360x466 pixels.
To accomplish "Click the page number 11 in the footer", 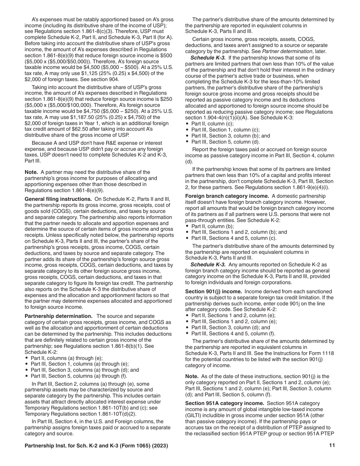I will coord(332,446).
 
